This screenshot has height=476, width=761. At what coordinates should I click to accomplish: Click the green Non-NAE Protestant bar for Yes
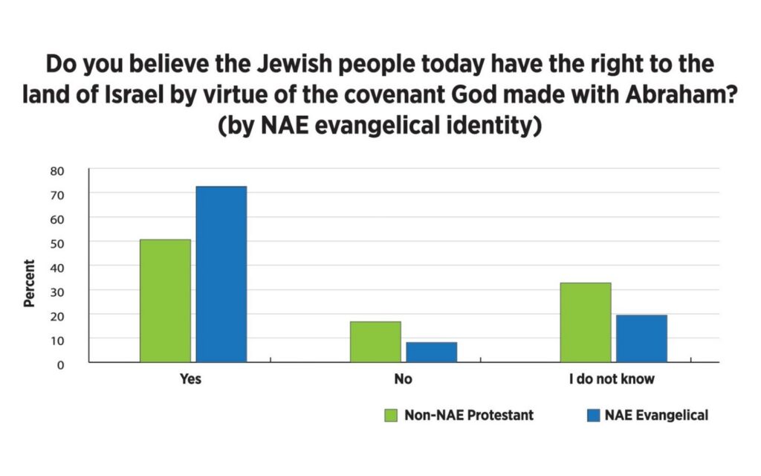(x=165, y=300)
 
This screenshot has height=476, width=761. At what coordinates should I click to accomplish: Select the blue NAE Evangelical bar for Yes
(x=221, y=274)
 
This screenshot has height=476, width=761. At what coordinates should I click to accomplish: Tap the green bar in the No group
(x=375, y=341)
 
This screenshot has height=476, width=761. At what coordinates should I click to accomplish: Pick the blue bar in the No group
(x=431, y=352)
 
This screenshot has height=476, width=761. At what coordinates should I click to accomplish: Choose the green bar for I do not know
(x=586, y=322)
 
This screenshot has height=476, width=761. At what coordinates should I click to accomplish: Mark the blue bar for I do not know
(x=641, y=338)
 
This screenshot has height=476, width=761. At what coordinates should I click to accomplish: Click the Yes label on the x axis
(x=191, y=379)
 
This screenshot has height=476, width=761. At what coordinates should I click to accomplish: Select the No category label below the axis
(x=404, y=379)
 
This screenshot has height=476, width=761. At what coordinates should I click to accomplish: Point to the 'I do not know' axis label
(x=612, y=379)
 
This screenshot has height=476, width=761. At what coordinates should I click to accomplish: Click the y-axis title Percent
(x=29, y=283)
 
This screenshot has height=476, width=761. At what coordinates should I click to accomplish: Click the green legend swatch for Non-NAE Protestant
(x=391, y=415)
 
